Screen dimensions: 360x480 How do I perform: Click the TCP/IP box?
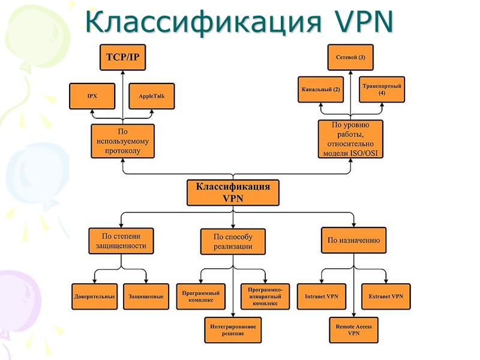click(x=122, y=58)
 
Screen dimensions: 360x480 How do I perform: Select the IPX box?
click(x=92, y=96)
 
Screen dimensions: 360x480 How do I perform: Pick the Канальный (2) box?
click(x=320, y=89)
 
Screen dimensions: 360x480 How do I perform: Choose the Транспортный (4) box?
click(x=382, y=89)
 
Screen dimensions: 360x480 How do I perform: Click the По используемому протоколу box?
click(x=122, y=141)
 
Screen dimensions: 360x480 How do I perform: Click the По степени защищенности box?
click(x=122, y=241)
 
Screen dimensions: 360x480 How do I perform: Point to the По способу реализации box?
click(x=233, y=241)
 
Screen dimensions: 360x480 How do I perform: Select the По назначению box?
click(x=353, y=241)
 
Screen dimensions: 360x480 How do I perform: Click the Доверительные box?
click(x=95, y=296)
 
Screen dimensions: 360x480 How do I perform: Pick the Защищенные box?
click(x=146, y=296)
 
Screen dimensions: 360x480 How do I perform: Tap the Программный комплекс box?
click(x=201, y=296)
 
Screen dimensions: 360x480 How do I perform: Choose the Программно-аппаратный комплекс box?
click(x=265, y=296)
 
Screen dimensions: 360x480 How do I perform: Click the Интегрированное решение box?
click(x=233, y=329)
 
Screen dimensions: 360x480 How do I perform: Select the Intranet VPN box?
click(x=322, y=296)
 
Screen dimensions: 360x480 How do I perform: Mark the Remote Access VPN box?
click(x=353, y=329)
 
